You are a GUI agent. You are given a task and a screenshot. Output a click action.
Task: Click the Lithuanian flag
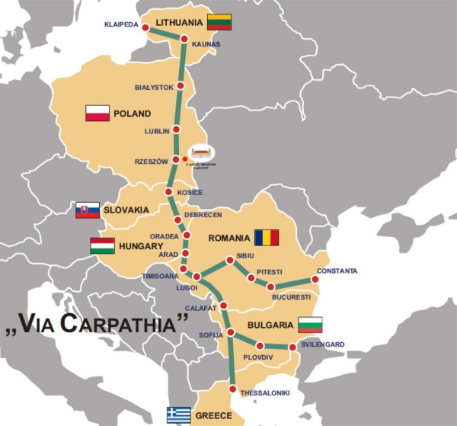219,22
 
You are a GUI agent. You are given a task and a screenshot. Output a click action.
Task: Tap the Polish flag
97,114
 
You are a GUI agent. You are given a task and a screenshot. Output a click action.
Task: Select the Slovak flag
88,210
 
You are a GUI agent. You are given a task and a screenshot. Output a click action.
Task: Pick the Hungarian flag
102,246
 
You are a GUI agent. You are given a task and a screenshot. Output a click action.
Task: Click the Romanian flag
267,237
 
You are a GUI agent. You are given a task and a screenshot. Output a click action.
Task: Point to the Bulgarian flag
310,325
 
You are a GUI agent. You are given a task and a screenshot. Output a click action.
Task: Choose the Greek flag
179,415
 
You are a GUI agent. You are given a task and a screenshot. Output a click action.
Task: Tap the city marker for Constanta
315,280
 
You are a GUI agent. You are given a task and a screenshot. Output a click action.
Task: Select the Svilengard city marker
292,348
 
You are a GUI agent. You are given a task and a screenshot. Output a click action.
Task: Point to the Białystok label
154,87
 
